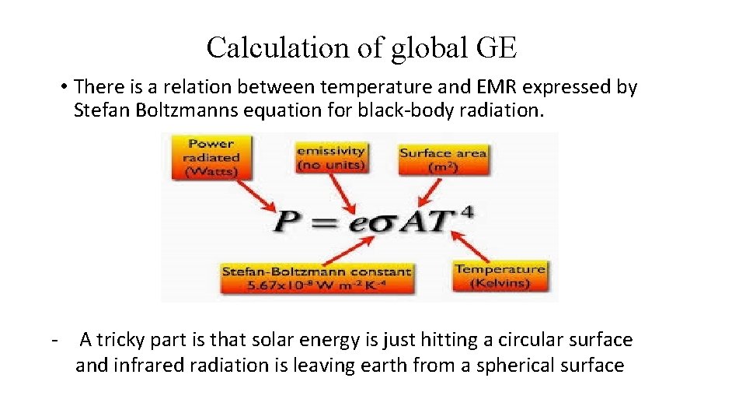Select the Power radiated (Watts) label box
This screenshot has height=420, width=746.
(x=211, y=158)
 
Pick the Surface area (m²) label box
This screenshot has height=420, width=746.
(x=443, y=160)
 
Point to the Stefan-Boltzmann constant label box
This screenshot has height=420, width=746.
(x=316, y=278)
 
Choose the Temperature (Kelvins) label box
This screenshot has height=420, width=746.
(x=500, y=275)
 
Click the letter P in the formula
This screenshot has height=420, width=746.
(x=286, y=223)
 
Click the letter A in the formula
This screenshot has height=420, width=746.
(x=410, y=223)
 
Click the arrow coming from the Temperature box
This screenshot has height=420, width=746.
(x=473, y=245)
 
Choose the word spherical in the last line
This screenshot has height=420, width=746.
(x=521, y=365)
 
